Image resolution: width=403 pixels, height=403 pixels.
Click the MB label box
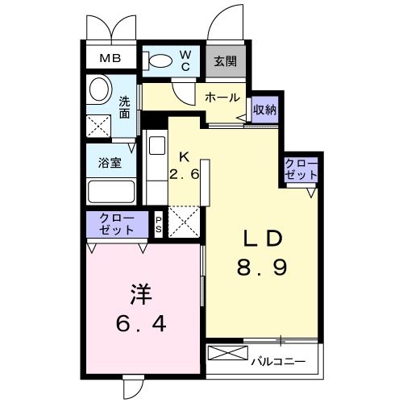[110, 58]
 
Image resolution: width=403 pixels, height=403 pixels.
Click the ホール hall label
[222, 98]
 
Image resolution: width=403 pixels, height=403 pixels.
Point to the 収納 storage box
[264, 110]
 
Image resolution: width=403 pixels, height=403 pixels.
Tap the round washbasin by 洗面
[102, 87]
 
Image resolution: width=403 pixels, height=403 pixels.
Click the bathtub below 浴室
[110, 192]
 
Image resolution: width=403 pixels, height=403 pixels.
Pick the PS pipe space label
[159, 223]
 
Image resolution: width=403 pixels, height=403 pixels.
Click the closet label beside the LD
[301, 169]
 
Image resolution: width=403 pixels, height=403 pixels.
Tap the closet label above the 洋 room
[117, 223]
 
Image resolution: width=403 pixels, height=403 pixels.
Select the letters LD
[263, 239]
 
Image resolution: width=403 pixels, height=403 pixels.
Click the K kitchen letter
[184, 158]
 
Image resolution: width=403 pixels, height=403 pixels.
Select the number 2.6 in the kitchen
[184, 174]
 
